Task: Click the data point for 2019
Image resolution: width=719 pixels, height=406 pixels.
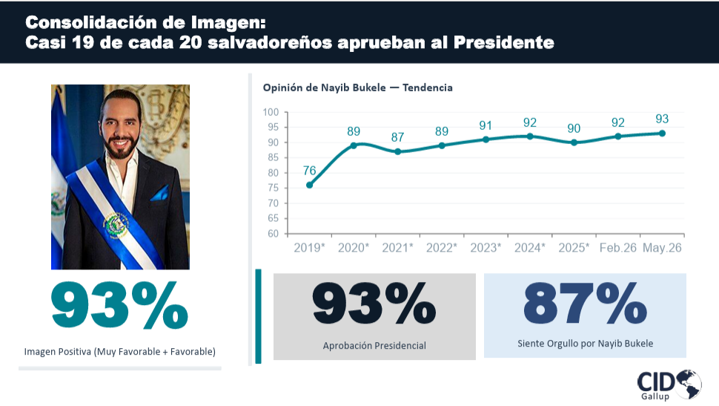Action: (x=310, y=185)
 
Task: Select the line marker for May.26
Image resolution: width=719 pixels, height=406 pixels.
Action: (x=662, y=133)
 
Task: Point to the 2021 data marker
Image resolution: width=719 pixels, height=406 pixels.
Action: (x=397, y=151)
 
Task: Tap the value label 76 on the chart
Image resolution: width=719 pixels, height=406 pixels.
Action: (x=310, y=171)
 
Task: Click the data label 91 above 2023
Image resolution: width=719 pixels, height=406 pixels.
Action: (x=486, y=125)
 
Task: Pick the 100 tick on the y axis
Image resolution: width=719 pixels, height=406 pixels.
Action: (x=271, y=112)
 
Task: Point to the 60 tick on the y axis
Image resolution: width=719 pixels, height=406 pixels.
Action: (x=274, y=233)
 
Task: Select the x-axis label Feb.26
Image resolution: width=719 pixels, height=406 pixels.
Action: (x=618, y=248)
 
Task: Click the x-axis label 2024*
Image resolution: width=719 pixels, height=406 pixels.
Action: (x=530, y=248)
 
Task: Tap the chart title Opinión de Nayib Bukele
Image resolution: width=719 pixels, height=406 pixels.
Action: (x=324, y=88)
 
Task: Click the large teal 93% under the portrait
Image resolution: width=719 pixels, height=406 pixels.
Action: (x=119, y=305)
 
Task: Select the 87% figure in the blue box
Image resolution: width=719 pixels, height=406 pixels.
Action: (x=585, y=303)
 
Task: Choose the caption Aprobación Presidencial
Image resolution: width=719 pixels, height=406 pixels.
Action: (x=374, y=345)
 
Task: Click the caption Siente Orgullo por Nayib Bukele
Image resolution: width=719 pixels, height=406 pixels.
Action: (x=585, y=344)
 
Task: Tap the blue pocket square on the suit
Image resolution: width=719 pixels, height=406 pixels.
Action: (x=160, y=194)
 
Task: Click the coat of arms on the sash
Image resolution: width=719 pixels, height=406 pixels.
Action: (x=116, y=226)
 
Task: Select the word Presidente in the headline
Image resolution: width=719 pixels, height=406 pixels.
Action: (x=504, y=42)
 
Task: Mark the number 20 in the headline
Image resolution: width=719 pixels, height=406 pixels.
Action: (x=190, y=42)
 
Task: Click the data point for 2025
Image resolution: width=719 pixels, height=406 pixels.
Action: (x=574, y=143)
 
